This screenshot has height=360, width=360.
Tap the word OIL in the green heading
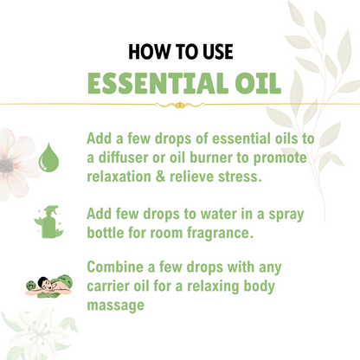click(258, 83)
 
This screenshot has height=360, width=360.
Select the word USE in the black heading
click(218, 52)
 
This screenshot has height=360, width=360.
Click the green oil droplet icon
click(48, 157)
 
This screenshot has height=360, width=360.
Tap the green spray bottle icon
click(48, 222)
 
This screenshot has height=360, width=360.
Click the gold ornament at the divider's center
click(180, 105)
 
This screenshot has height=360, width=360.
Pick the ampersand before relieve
click(160, 177)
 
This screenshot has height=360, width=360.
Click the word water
click(218, 214)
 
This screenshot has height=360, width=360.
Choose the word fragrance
click(220, 233)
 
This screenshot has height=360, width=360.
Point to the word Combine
click(115, 267)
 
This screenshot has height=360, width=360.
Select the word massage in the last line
click(116, 305)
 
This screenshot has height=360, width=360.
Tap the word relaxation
click(119, 177)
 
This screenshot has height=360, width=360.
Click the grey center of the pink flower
click(6, 165)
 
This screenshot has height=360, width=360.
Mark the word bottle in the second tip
click(106, 233)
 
